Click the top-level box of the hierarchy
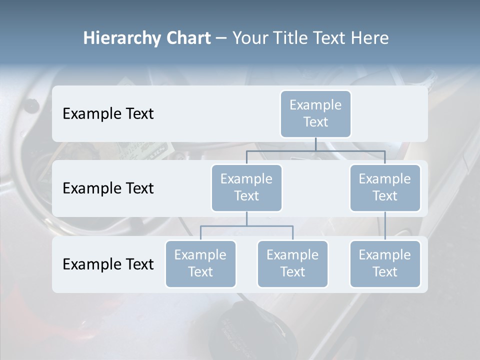click(x=315, y=114)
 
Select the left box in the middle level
click(x=246, y=188)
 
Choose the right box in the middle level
click(x=385, y=188)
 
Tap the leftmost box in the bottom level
click(x=200, y=264)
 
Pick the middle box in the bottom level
click(x=292, y=264)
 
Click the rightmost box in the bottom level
click(x=385, y=264)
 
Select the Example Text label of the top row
click(x=108, y=114)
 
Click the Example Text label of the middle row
click(x=108, y=188)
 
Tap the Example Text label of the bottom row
click(x=108, y=264)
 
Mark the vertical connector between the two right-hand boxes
click(x=385, y=226)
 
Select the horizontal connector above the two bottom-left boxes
click(x=246, y=226)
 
